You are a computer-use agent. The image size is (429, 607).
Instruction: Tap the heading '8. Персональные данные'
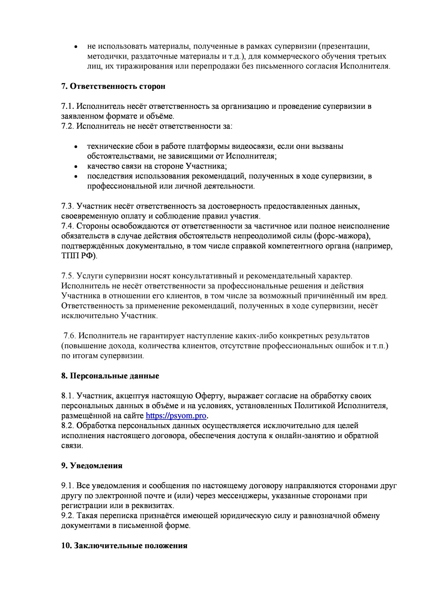(x=110, y=376)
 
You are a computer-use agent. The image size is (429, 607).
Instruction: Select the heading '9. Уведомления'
(x=92, y=466)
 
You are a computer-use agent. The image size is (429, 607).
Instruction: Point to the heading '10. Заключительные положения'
(x=124, y=546)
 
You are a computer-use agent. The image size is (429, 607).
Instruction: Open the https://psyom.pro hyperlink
(x=176, y=416)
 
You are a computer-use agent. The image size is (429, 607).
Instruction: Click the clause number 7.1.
(x=67, y=107)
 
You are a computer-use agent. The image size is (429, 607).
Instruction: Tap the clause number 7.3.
(x=68, y=207)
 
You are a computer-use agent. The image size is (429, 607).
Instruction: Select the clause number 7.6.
(x=70, y=336)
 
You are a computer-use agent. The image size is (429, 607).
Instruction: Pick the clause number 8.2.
(x=68, y=426)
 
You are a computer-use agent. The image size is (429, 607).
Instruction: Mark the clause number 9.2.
(x=68, y=516)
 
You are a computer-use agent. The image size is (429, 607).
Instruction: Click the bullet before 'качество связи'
(x=75, y=167)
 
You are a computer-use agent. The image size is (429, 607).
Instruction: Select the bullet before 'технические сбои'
(x=75, y=147)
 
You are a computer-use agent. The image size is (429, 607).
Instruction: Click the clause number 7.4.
(x=68, y=226)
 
